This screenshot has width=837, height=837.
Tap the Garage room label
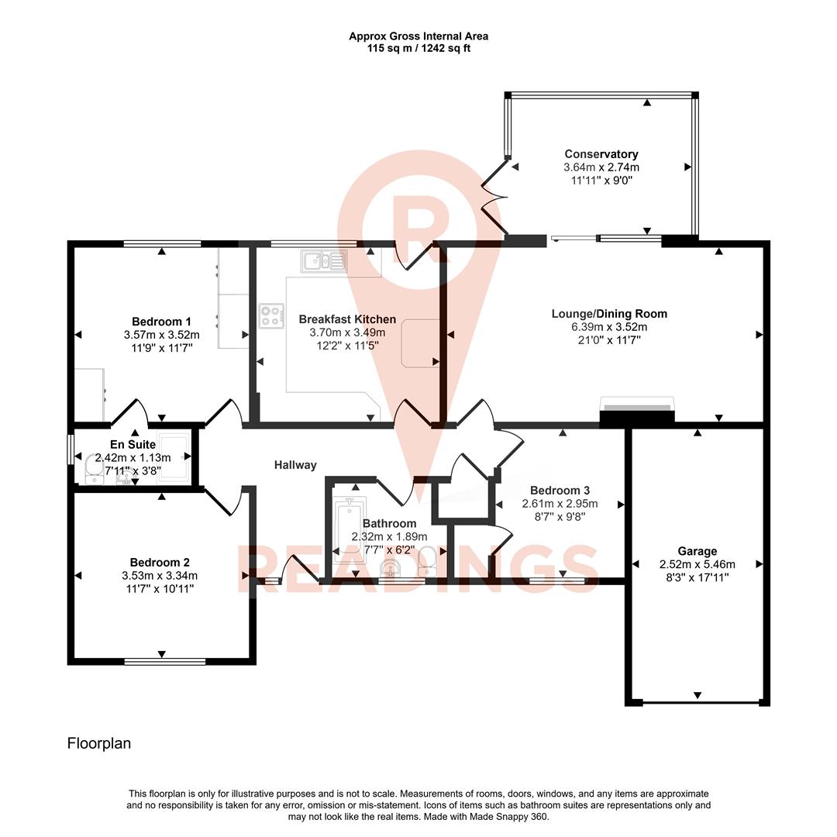click(x=698, y=551)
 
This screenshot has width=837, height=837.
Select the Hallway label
click(x=295, y=465)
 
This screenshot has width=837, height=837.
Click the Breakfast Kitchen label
click(x=347, y=319)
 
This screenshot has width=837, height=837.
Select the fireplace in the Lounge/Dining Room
click(x=637, y=411)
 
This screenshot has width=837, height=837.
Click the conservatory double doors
click(x=493, y=198)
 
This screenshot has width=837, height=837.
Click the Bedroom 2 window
click(x=165, y=661)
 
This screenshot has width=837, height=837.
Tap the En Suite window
click(x=71, y=449)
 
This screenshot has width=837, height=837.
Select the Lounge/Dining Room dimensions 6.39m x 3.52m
click(x=608, y=327)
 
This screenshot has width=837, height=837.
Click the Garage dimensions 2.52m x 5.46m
click(x=697, y=564)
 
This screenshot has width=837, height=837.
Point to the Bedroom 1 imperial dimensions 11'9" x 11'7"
click(x=161, y=348)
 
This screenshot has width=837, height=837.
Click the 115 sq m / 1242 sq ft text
click(x=418, y=48)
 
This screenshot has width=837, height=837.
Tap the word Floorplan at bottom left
click(x=99, y=743)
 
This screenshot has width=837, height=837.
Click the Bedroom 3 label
click(x=560, y=490)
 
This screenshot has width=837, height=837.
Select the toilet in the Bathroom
click(x=427, y=560)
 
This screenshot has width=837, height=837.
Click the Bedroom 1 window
click(x=163, y=243)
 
